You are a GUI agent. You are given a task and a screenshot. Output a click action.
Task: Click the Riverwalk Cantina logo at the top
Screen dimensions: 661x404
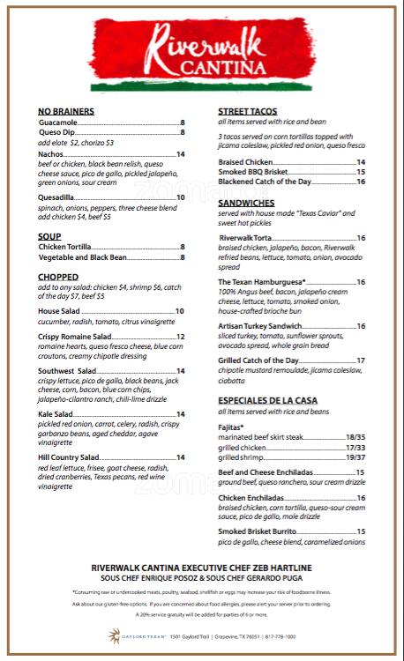202,50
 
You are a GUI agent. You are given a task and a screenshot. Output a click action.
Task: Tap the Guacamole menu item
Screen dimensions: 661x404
58,122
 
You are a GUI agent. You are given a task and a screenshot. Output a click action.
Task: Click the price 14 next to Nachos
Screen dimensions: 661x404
180,154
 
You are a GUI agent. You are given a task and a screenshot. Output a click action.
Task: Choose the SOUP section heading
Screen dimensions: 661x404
49,236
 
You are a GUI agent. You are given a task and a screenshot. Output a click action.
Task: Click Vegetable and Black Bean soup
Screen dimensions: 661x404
83,257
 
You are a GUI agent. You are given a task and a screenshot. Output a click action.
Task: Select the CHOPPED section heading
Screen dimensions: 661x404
58,277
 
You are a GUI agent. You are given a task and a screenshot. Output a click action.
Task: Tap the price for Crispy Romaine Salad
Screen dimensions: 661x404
180,337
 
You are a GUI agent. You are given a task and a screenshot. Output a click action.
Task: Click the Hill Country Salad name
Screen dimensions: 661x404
69,457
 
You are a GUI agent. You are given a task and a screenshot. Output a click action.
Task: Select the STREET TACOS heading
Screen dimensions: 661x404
248,111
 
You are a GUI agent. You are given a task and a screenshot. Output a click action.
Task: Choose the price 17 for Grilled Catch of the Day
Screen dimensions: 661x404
361,360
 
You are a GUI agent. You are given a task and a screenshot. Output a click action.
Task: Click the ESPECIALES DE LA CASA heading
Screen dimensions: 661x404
268,400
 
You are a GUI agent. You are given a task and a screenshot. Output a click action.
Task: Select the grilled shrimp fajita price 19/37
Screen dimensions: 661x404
355,457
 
